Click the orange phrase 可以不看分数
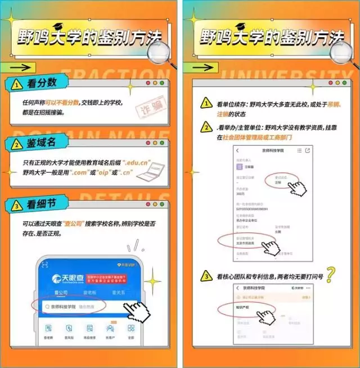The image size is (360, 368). (63, 102)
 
